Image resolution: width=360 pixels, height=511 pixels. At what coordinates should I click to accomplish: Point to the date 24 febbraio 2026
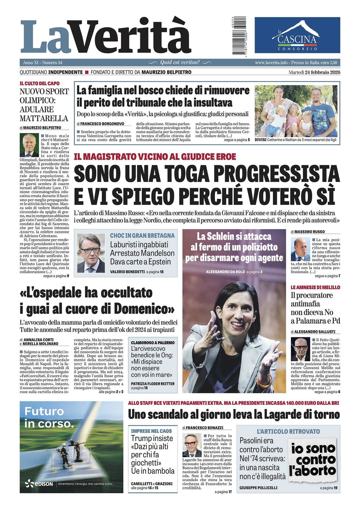[x=323, y=72]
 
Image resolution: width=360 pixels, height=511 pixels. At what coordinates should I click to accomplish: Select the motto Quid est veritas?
[x=180, y=62]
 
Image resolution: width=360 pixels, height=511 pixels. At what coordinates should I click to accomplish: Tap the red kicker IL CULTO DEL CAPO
[x=40, y=84]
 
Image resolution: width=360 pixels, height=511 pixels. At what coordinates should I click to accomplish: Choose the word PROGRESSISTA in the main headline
[x=276, y=174]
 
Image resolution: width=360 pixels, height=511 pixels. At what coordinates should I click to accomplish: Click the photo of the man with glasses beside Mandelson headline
[x=91, y=253]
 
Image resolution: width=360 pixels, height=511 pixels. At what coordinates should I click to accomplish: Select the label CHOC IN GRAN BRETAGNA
[x=142, y=236]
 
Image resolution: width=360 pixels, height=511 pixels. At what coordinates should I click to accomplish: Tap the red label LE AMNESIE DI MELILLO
[x=315, y=287]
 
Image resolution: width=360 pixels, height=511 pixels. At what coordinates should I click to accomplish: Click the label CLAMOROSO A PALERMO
[x=153, y=342]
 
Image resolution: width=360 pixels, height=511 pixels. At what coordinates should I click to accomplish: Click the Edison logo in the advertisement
[x=39, y=484]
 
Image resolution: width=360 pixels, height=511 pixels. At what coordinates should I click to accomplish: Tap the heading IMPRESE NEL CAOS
[x=151, y=431]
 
